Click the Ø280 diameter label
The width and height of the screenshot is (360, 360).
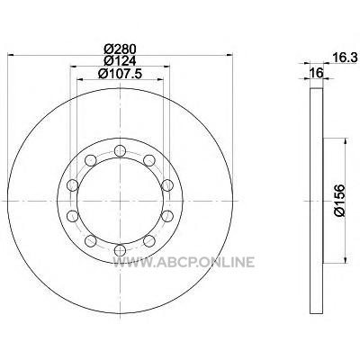pos(120,49)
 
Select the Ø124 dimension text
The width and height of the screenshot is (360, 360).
pos(120,61)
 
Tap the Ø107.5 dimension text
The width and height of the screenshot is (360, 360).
pos(120,74)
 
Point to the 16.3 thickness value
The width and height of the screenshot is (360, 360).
pos(345,58)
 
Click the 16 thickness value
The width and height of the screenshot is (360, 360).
pos(317,73)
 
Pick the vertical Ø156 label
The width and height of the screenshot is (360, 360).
pos(339,201)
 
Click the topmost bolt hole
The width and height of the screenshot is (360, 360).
pos(120,151)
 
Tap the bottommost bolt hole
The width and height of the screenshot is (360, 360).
pos(120,250)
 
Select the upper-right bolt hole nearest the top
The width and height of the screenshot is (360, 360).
pos(149,160)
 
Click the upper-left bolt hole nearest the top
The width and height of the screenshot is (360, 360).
pos(91,160)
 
